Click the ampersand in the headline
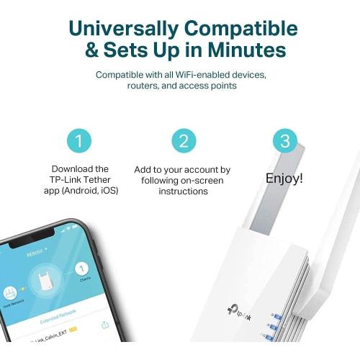(x=95, y=51)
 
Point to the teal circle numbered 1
(x=80, y=140)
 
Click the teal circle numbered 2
(x=183, y=140)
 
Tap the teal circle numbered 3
(x=285, y=140)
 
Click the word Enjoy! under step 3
(x=284, y=178)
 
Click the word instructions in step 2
(x=183, y=192)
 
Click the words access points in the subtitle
(x=206, y=86)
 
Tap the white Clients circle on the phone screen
(x=81, y=270)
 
